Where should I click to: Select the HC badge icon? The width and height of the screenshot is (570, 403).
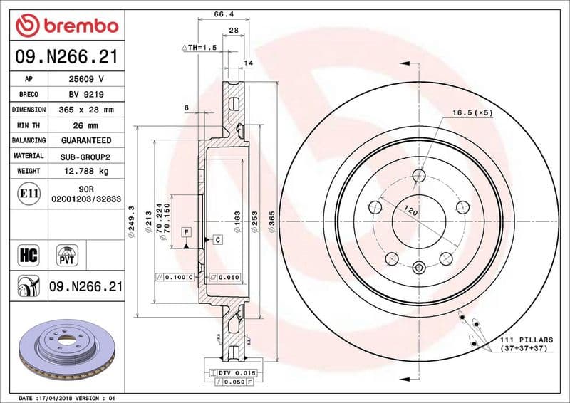click(29, 253)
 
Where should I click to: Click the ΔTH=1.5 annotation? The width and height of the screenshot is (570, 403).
click(199, 47)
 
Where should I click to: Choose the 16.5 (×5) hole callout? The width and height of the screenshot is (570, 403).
click(472, 112)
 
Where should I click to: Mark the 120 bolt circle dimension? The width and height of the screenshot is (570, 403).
click(410, 211)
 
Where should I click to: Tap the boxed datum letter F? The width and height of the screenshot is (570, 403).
click(185, 233)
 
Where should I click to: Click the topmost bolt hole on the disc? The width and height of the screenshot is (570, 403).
click(419, 176)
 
